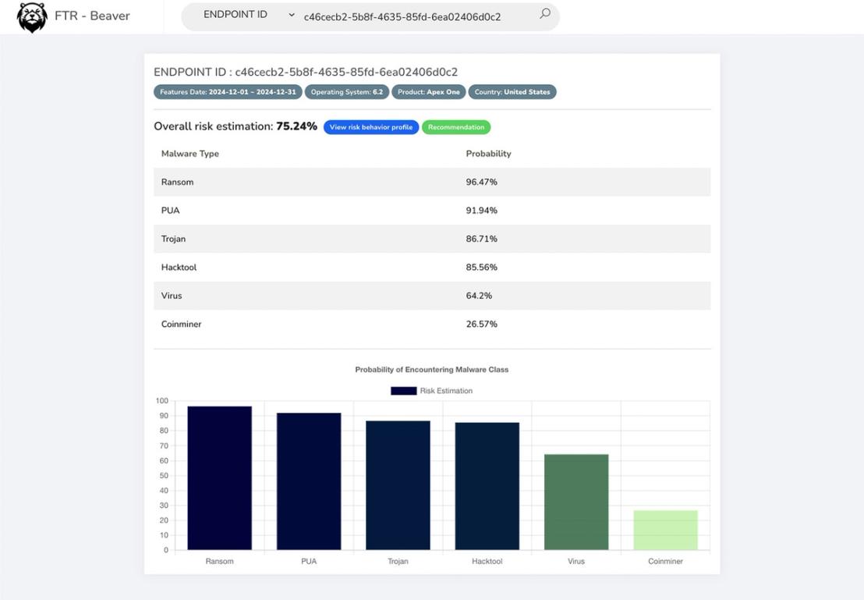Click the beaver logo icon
tap(32, 17)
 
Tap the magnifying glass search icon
tap(545, 13)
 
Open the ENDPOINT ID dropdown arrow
tap(292, 15)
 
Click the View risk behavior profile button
tap(371, 127)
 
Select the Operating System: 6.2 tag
tap(346, 92)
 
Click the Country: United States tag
tap(512, 92)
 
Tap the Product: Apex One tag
tap(429, 92)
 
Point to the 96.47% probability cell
tap(482, 182)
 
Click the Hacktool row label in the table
tap(179, 268)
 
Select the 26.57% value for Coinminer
tap(482, 325)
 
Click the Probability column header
tap(488, 154)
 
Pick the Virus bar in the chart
tap(576, 502)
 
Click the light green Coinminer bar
tap(666, 530)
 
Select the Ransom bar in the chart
tap(220, 478)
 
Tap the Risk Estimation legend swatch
tap(403, 391)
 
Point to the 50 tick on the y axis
tap(164, 475)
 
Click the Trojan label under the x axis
tap(398, 562)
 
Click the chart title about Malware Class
tap(431, 370)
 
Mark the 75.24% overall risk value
tap(296, 126)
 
